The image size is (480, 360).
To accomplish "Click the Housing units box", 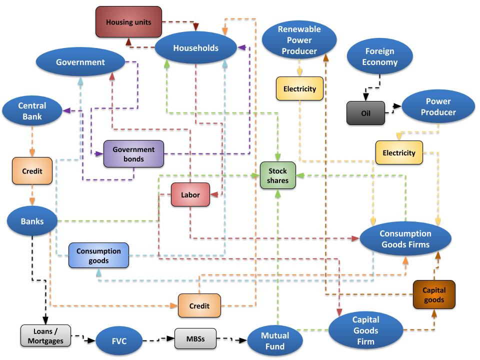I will [128, 22].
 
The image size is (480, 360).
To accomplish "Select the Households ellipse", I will [195, 48].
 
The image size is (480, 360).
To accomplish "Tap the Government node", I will [80, 62].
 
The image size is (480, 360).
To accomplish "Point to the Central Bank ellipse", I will [32, 111].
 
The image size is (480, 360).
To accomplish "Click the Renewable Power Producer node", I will [299, 40].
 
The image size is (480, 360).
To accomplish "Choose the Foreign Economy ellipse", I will [380, 56].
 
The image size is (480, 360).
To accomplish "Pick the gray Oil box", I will [366, 113].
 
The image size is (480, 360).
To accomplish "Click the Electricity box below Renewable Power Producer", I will [299, 89].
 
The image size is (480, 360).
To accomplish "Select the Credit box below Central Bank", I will [32, 170].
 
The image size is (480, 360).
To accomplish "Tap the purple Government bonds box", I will [133, 154].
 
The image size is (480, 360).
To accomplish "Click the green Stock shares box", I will [277, 175].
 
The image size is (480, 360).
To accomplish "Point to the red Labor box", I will [190, 195].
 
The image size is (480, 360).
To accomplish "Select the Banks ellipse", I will [32, 221].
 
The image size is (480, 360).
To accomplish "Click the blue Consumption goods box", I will [98, 255].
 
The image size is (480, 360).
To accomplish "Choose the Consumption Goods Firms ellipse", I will [405, 239].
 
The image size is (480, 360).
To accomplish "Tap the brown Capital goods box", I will [433, 294].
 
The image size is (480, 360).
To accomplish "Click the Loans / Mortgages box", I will [45, 336].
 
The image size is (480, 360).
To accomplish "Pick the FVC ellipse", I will [119, 341].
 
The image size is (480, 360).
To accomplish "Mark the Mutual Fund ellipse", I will [275, 341].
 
